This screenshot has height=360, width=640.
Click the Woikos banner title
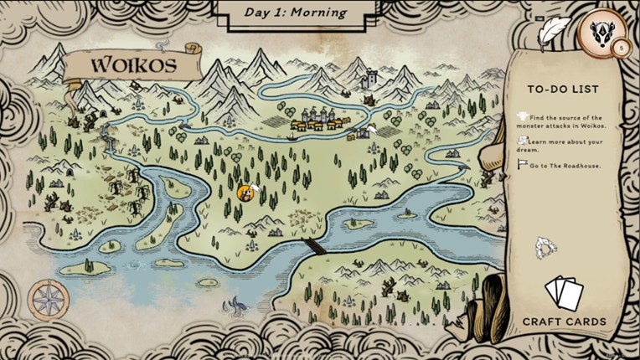pos(133,64)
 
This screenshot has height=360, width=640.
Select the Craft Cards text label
pos(564,321)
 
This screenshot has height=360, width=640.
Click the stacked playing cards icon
pos(563,294)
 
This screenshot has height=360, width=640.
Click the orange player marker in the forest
pos(245,193)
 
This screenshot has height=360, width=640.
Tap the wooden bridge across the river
pos(311,244)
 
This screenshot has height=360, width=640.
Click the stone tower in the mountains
pos(369,80)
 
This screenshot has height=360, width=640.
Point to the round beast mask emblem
pos(600,34)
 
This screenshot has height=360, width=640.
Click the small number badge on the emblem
pos(621,49)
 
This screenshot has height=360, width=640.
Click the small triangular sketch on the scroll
pos(546,248)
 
